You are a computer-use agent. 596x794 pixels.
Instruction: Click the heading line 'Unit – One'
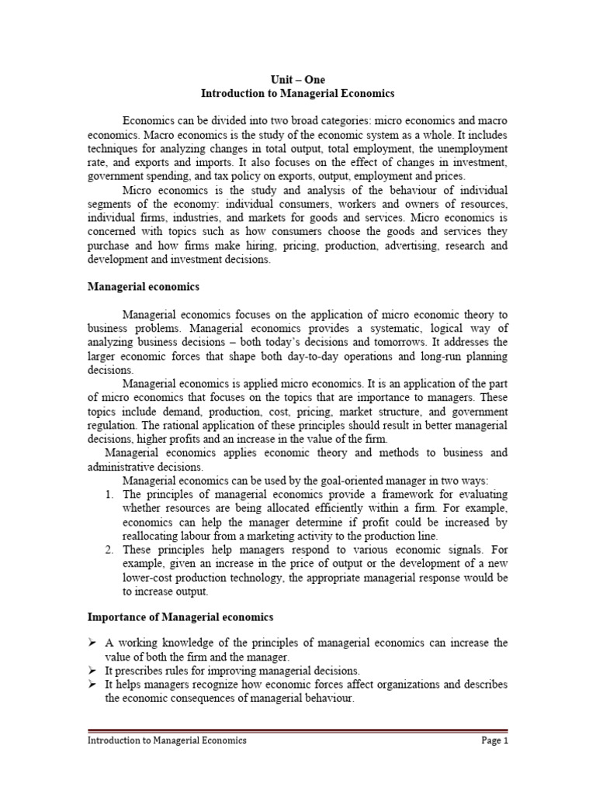coord(298,79)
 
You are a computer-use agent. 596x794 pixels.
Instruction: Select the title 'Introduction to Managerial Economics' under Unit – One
coord(298,93)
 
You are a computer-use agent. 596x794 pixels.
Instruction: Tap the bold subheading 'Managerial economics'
coord(142,287)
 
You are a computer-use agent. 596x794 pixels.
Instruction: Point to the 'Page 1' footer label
coord(494,740)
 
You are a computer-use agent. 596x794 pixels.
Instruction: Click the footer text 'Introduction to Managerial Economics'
coord(166,740)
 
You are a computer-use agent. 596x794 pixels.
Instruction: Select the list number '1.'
coord(110,494)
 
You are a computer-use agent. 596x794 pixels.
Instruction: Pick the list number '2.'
coord(110,550)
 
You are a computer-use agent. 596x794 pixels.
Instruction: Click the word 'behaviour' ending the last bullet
coord(327,699)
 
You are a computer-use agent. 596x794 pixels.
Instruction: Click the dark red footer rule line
coord(298,730)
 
